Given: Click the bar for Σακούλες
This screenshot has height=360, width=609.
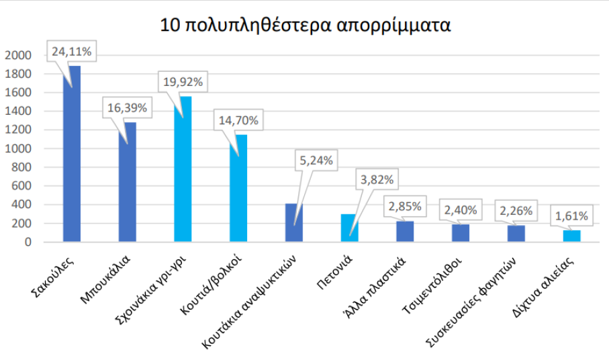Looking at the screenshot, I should (x=71, y=161).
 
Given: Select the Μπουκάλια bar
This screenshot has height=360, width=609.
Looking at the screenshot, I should (x=127, y=188).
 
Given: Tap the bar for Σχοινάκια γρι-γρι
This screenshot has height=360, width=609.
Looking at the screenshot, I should (x=183, y=175).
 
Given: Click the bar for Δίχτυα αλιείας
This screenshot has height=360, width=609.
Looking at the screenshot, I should (x=571, y=236).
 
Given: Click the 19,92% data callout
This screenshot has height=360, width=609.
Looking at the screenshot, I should (x=183, y=82).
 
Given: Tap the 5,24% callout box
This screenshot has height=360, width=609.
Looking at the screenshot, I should (x=316, y=161).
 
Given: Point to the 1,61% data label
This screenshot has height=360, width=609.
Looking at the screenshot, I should (x=572, y=216).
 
